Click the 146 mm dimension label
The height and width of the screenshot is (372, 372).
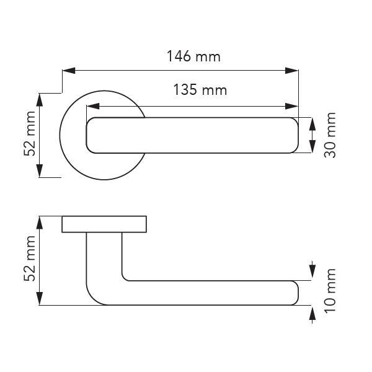click(193, 56)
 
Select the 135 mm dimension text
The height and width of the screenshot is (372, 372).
click(200, 90)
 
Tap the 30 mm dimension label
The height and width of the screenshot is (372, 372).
click(330, 135)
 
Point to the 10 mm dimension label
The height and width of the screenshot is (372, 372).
click(330, 291)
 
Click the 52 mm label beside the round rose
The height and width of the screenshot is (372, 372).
click(30, 133)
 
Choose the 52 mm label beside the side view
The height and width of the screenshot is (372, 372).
click(30, 259)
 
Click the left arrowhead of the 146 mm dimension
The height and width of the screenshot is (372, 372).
click(69, 71)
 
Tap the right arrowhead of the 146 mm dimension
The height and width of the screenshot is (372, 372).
click(291, 71)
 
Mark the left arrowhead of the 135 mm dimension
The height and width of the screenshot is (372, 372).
click(93, 106)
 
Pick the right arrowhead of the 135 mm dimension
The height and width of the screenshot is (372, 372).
click(291, 106)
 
